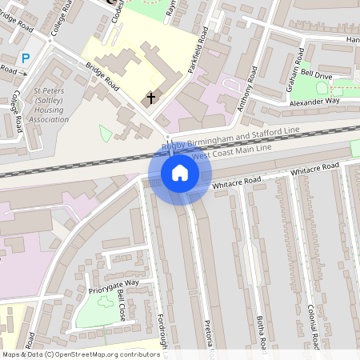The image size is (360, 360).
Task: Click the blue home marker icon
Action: click(180, 173)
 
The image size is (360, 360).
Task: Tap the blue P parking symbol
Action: click(26, 58)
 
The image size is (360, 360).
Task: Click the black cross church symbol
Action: click(150, 98)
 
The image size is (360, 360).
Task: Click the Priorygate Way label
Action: click(114, 283)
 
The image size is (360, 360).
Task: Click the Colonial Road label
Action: click(313, 324)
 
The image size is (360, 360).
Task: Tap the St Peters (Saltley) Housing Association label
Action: click(50, 106)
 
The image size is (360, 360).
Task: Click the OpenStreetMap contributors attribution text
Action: click(80, 354)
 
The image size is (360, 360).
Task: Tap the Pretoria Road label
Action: click(208, 336)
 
